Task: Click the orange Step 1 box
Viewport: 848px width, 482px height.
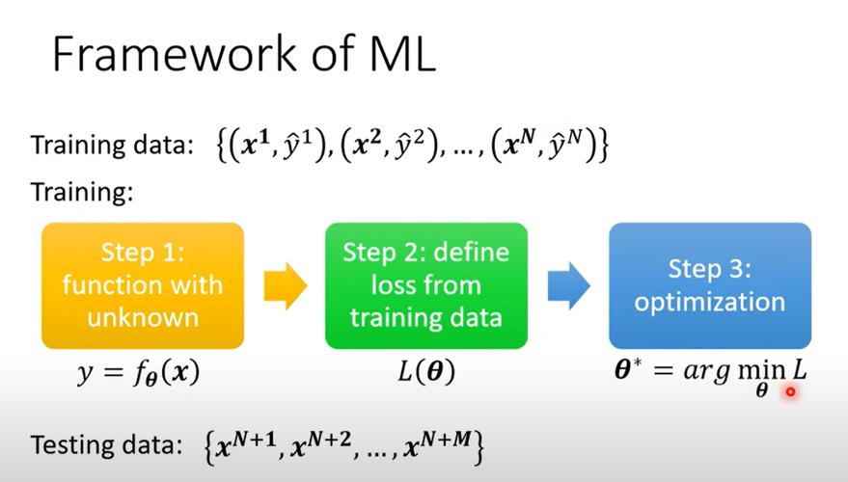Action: coord(142,285)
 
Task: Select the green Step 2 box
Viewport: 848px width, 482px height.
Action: coord(425,285)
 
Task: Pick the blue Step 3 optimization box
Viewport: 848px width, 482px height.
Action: coord(709,285)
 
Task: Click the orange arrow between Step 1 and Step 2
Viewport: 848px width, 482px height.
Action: coord(285,286)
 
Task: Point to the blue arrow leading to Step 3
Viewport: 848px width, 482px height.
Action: coord(568,286)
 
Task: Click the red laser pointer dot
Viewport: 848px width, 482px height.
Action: coord(790,391)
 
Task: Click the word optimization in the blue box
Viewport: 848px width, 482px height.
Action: coord(709,302)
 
